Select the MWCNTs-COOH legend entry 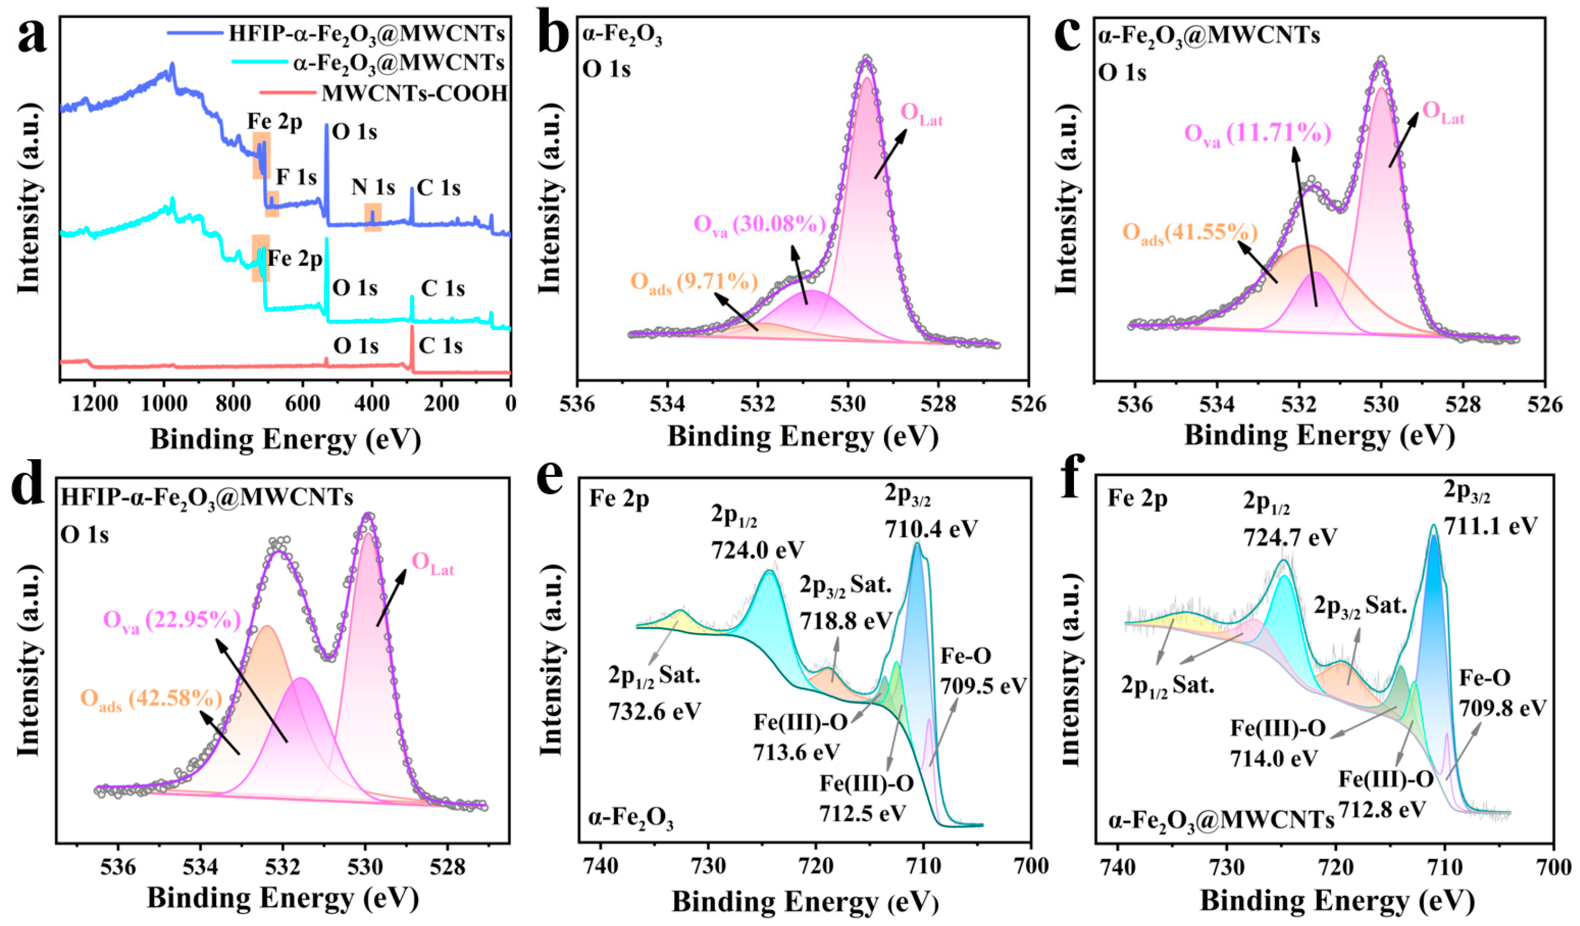pos(414,93)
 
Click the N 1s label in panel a pos(373,187)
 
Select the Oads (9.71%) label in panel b pos(694,284)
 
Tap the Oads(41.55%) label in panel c pos(1189,234)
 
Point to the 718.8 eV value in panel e pos(845,621)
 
